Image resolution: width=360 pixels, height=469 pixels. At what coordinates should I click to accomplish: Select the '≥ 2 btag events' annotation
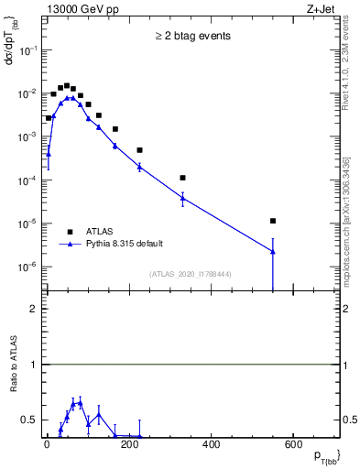[x=192, y=37]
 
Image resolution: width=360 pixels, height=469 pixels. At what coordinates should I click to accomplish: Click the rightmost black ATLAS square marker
[x=273, y=221]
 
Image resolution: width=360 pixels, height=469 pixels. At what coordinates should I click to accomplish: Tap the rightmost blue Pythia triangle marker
[x=273, y=251]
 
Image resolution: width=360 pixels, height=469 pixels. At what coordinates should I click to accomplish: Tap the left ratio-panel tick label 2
[x=33, y=309]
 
